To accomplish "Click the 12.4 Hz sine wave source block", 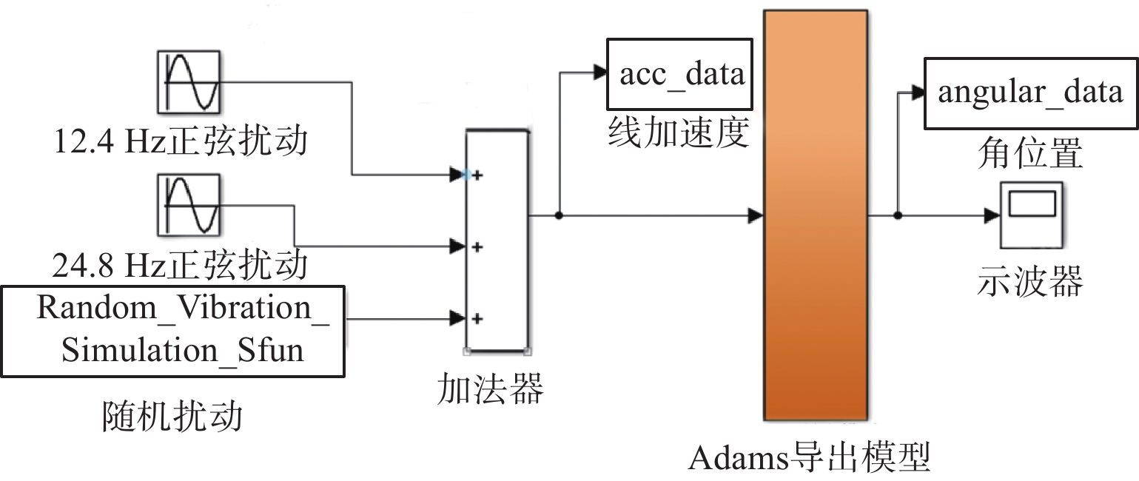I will pos(189,81).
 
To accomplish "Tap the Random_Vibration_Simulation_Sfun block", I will pos(172,330).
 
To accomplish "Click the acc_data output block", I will pos(679,75).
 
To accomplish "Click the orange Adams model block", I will pos(815,215).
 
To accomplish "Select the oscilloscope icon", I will pos(1031,215).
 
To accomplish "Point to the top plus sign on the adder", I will pos(477,175).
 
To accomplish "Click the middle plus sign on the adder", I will pos(477,246).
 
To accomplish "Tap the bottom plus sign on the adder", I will pos(477,319).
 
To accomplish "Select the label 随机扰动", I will pos(172,417).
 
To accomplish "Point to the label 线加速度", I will pos(679,134).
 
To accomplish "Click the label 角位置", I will pos(1029,154).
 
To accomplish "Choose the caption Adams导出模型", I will pos(808,459).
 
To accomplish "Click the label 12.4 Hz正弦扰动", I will pos(180,141).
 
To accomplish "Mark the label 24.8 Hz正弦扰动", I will pos(180,264).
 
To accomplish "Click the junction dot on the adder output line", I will pos(560,216).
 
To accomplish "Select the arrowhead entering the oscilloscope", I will pos(992,216).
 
